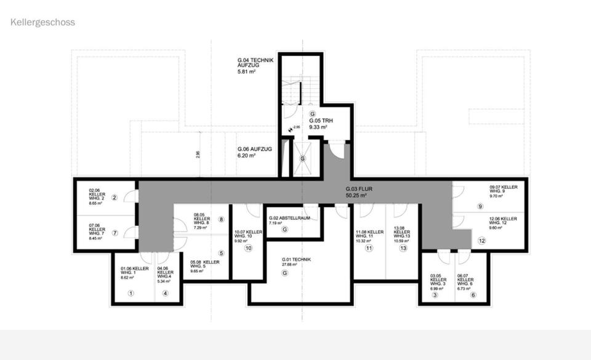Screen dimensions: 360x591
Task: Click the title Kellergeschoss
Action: pos(42,22)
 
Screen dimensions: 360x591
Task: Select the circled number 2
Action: pos(115,197)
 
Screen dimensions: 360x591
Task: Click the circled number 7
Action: pos(115,233)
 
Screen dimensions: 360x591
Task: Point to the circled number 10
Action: pos(248,249)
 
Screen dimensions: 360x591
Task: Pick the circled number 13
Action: pos(403,249)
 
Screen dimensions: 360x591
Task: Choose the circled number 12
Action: pos(481,241)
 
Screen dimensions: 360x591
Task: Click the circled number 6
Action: pos(473,295)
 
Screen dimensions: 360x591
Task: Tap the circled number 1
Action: pos(131,294)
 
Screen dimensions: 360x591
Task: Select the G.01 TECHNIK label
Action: pos(296,260)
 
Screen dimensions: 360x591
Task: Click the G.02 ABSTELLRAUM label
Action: pos(293,217)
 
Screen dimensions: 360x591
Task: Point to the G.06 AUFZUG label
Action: pos(254,150)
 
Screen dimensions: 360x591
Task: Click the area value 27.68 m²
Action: pos(292,265)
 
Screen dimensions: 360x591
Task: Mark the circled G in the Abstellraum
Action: pos(284,230)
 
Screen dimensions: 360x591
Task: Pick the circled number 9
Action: pos(480,206)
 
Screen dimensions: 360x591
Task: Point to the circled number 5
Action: pos(221,253)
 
